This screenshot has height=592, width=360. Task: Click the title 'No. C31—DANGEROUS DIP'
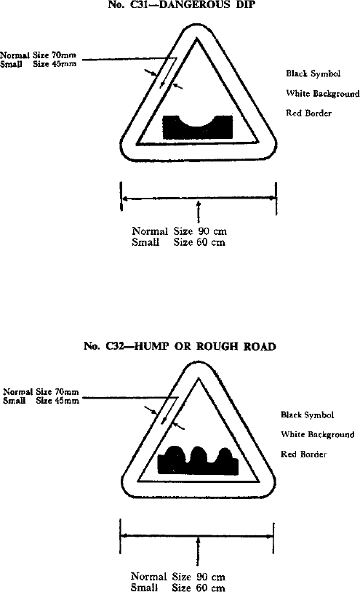182,4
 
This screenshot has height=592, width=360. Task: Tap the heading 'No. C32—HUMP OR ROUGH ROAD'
180,346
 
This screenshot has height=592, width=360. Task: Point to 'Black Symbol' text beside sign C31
313,73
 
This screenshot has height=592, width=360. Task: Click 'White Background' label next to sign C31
323,94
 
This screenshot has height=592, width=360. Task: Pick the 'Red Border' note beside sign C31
308,113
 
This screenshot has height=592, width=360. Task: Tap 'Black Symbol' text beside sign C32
307,415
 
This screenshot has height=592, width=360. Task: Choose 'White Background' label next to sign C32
317,435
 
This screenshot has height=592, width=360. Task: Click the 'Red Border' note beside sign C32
303,454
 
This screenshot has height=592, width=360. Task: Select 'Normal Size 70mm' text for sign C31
38,55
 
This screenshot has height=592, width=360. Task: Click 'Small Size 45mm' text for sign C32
41,401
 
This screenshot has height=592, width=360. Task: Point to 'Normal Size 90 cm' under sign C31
179,231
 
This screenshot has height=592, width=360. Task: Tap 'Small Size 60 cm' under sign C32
177,587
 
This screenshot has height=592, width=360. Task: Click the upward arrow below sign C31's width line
199,212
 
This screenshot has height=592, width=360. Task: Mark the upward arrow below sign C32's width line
198,551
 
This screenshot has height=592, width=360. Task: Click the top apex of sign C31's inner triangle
196,39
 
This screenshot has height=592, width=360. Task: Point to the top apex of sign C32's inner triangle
199,379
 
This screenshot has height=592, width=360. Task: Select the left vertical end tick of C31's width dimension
121,196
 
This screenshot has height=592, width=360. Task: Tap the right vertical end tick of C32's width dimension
273,538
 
